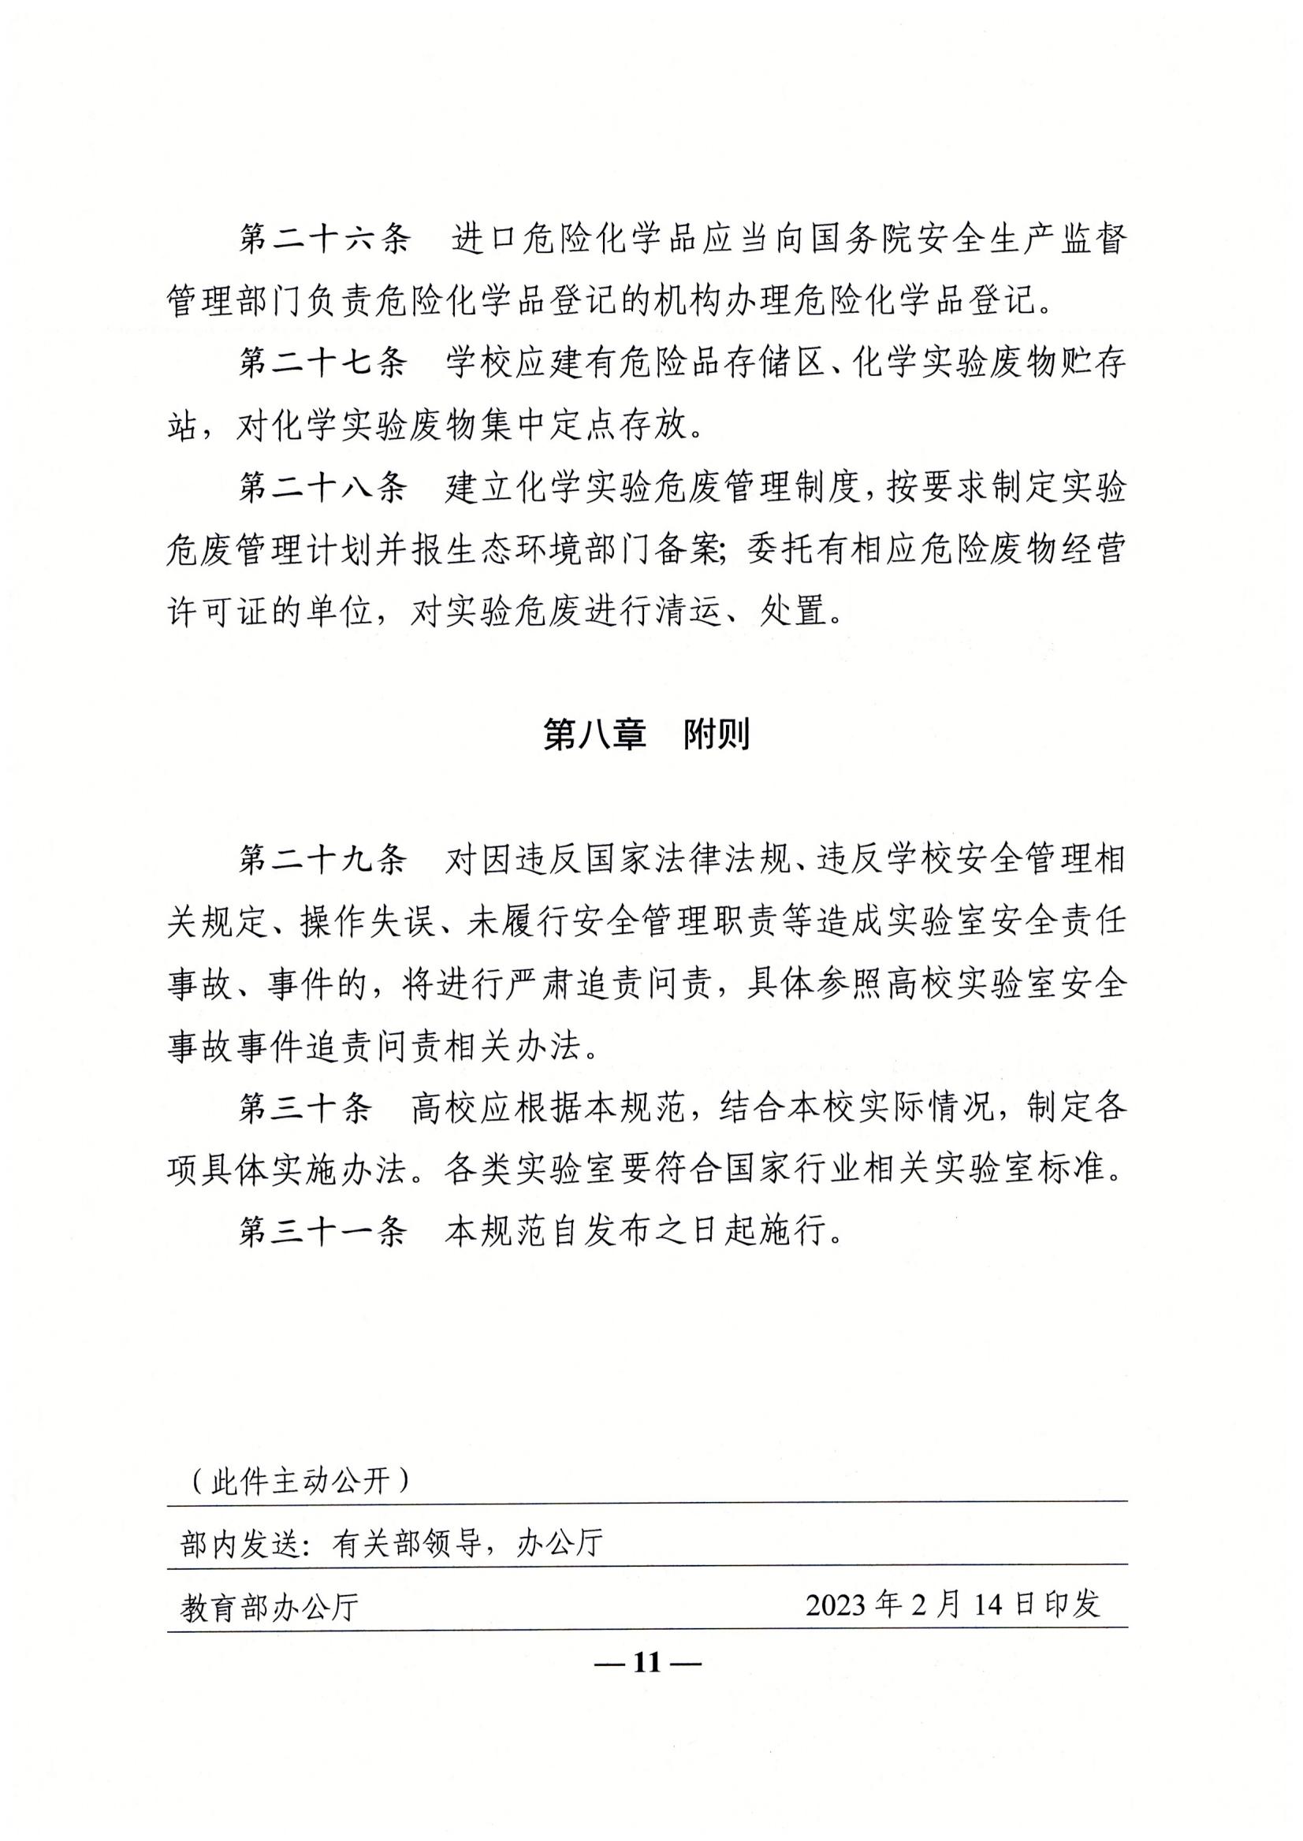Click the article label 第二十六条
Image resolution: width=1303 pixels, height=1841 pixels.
point(323,239)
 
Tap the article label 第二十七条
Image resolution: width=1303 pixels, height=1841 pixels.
point(322,363)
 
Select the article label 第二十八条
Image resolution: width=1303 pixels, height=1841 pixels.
point(322,487)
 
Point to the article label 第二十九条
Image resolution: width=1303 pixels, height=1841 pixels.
point(322,860)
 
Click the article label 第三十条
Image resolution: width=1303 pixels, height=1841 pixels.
point(306,1108)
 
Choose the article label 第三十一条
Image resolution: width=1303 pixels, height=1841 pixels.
point(322,1231)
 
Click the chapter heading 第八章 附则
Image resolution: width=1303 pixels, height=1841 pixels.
point(646,734)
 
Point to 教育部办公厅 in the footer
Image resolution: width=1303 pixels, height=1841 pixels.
point(270,1607)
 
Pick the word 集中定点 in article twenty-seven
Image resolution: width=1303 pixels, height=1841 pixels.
point(549,425)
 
